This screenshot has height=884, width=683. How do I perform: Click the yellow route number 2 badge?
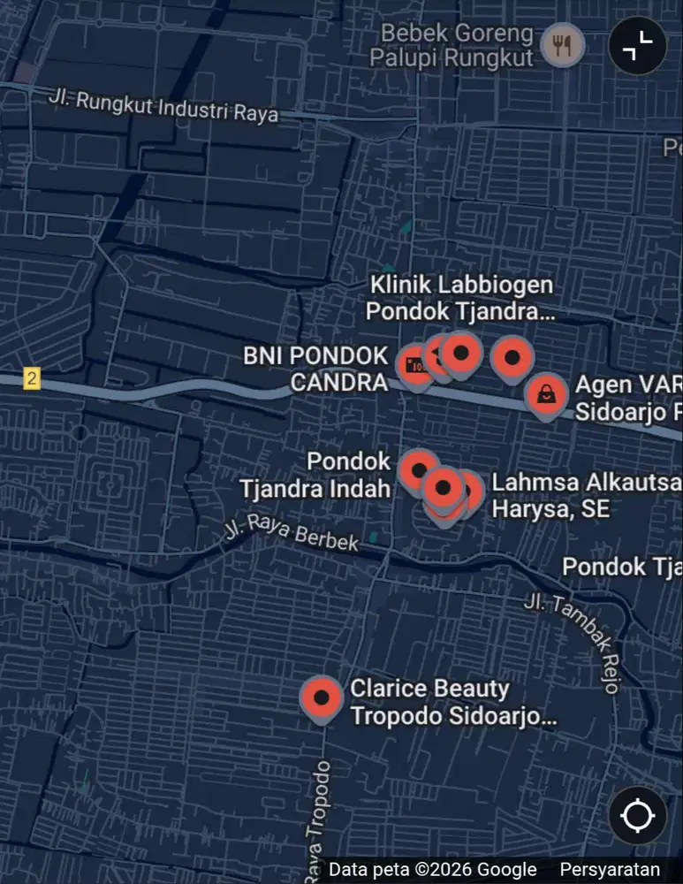33,379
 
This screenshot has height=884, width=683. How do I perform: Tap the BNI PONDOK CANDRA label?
315,369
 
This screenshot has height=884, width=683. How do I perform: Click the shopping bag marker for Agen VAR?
547,394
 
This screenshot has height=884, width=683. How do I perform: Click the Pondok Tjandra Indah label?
315,475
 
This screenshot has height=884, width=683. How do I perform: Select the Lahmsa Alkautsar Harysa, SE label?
586,496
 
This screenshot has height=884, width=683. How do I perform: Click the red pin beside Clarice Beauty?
322,697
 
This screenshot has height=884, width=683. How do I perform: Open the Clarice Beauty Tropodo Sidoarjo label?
453,702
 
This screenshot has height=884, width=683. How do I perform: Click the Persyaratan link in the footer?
609,870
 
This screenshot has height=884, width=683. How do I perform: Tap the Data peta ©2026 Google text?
432,870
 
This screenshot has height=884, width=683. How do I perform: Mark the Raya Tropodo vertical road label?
319,822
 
